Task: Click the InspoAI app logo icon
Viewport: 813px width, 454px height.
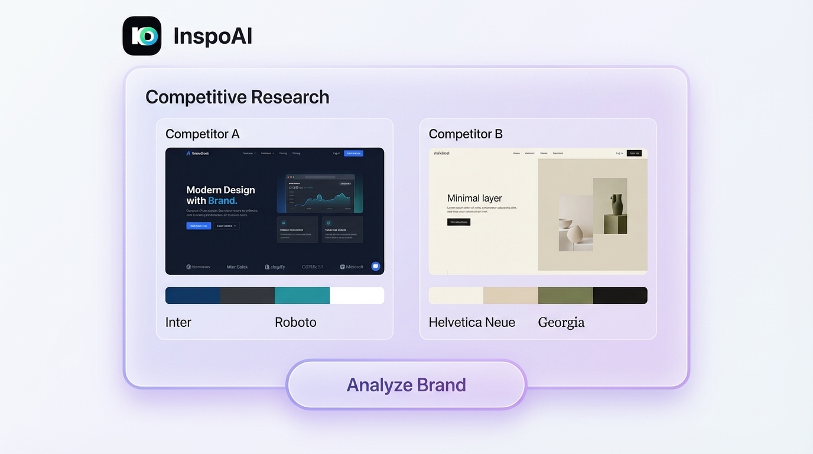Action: [x=142, y=36]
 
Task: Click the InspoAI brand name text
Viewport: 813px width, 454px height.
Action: [x=213, y=36]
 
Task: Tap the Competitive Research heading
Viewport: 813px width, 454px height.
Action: [x=237, y=97]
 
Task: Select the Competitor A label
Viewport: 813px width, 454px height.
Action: [x=202, y=134]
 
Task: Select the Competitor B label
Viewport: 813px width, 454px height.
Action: [x=466, y=134]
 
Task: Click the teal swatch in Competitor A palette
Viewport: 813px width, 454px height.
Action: [x=302, y=296]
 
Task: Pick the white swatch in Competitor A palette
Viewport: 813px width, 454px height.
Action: [x=357, y=296]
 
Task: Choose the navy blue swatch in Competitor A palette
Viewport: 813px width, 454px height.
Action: [x=193, y=296]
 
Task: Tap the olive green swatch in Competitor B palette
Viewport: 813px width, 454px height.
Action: [x=565, y=296]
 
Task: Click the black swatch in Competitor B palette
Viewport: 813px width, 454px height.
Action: [x=620, y=296]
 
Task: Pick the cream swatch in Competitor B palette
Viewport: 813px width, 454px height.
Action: [x=456, y=296]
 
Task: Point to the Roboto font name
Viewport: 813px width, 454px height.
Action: [x=295, y=323]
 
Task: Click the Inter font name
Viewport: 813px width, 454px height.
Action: [x=178, y=323]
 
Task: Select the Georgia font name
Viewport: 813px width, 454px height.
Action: [x=561, y=323]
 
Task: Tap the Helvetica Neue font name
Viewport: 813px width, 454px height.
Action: [x=472, y=323]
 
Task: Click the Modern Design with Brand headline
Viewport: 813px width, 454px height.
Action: [x=220, y=195]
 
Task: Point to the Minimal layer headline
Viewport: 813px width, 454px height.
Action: [x=474, y=199]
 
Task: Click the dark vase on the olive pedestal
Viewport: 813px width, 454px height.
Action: [x=617, y=205]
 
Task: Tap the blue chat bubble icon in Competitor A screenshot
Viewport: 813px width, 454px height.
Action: [x=375, y=266]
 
